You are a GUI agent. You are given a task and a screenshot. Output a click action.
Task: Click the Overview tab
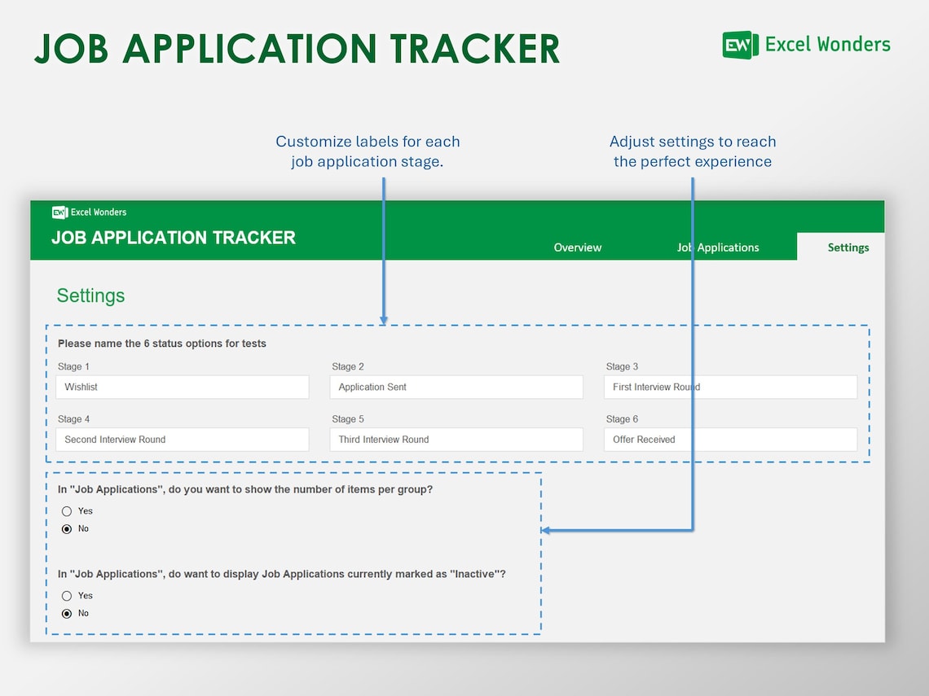(x=577, y=247)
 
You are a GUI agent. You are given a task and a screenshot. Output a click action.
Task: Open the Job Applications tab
(x=718, y=247)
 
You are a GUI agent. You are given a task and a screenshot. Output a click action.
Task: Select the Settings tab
(x=848, y=247)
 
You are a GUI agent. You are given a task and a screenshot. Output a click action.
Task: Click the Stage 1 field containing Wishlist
(x=183, y=387)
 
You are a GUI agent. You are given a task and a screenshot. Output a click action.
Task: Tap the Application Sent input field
(x=456, y=387)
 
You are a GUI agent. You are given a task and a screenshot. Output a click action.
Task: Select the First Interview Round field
(x=730, y=387)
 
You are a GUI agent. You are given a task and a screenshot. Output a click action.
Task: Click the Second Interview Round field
(x=183, y=440)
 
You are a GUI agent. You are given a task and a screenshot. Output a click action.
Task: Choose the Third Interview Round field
(x=456, y=440)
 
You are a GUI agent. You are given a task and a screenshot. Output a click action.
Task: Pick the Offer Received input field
(x=730, y=440)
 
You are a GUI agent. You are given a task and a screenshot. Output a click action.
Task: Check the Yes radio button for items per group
(x=67, y=511)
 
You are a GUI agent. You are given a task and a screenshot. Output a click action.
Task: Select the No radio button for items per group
(x=67, y=529)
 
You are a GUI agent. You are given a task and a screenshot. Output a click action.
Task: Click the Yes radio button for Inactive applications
(x=67, y=596)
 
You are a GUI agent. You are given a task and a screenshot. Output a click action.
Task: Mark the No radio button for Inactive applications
(x=67, y=614)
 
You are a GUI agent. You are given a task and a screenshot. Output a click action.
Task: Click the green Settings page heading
(x=90, y=295)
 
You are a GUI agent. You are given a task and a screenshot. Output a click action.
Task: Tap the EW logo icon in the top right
(x=740, y=45)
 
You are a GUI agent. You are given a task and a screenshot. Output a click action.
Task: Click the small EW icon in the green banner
(x=59, y=212)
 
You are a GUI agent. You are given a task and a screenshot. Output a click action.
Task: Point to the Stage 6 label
(x=622, y=419)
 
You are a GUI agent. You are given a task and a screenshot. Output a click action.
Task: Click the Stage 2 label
(x=348, y=367)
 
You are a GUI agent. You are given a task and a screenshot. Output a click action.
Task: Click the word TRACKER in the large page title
(x=474, y=49)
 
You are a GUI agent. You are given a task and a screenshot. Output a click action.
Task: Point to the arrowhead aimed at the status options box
(x=384, y=321)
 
